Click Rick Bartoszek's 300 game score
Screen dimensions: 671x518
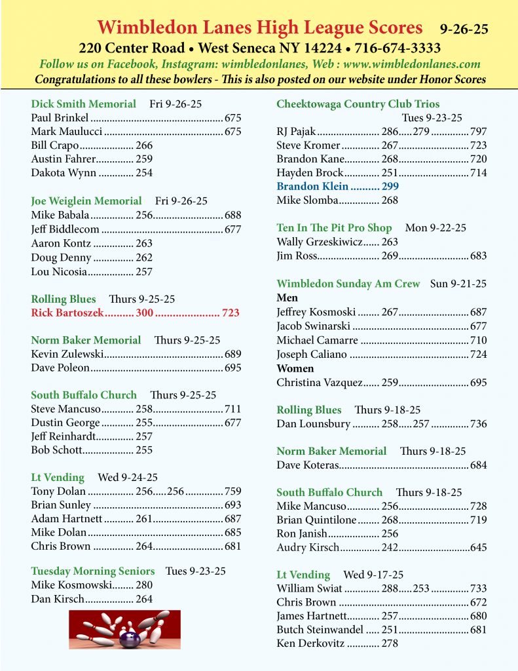tap(144, 313)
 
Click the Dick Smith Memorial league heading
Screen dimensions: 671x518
tap(84, 104)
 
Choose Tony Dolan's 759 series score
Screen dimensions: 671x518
tap(232, 491)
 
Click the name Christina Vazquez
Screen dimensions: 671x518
tap(318, 382)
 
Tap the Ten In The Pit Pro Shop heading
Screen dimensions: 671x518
tap(334, 228)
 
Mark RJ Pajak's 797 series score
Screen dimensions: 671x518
tap(478, 132)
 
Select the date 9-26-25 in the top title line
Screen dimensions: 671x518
tap(464, 29)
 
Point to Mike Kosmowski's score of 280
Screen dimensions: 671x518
tap(144, 585)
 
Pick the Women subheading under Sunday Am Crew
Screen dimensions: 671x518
tap(295, 368)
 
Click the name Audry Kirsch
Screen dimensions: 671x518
tap(308, 547)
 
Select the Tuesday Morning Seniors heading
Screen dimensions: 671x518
tap(93, 571)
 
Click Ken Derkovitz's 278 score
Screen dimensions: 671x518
tap(390, 643)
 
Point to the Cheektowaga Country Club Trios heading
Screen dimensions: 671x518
tap(358, 104)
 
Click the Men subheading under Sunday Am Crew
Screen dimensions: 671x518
tap(287, 298)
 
